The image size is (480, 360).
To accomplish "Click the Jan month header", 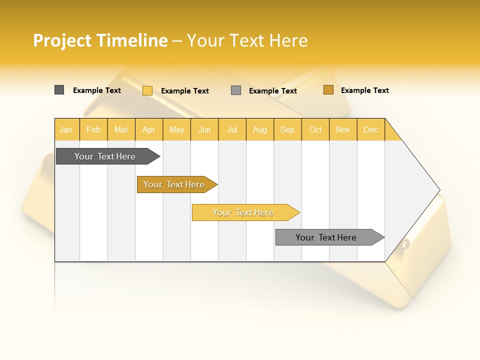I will [66, 129].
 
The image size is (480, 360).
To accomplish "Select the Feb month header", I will [93, 129].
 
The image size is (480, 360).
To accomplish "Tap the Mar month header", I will [121, 129].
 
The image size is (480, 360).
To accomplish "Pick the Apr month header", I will [149, 129].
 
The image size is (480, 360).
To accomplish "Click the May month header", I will [176, 129].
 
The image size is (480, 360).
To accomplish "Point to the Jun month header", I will [204, 129].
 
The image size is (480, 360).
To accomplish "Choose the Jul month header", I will [232, 129].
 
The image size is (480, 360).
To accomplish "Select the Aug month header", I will [260, 129].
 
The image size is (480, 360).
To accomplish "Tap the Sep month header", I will [287, 129].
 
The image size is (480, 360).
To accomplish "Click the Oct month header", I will [315, 129].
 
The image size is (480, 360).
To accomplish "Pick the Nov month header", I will [343, 129].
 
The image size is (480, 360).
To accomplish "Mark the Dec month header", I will [371, 129].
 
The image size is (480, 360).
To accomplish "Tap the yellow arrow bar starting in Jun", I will [243, 212].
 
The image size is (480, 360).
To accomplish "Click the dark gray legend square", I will [59, 90].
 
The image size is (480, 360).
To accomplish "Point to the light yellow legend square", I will [147, 90].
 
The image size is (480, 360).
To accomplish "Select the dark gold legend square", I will [328, 90].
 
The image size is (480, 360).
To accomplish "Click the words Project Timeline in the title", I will [100, 40].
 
